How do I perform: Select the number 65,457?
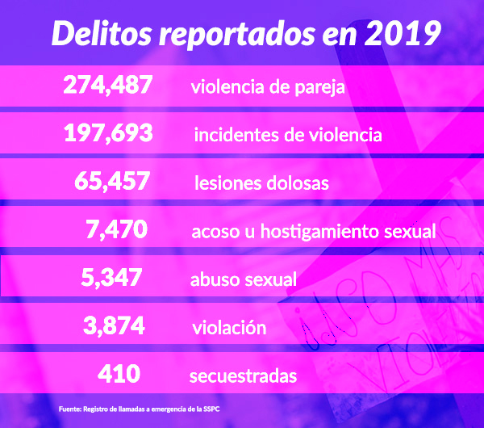pos(113,182)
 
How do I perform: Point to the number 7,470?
pos(117,230)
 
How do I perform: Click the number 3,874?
pos(114,326)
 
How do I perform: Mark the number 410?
pos(119,374)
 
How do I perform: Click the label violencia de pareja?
pos(269,86)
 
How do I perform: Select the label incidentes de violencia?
pos(288,135)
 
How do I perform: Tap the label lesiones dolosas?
pos(261,183)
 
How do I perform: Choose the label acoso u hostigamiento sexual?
pos(314,232)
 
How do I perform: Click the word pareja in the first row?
pos(321,87)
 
